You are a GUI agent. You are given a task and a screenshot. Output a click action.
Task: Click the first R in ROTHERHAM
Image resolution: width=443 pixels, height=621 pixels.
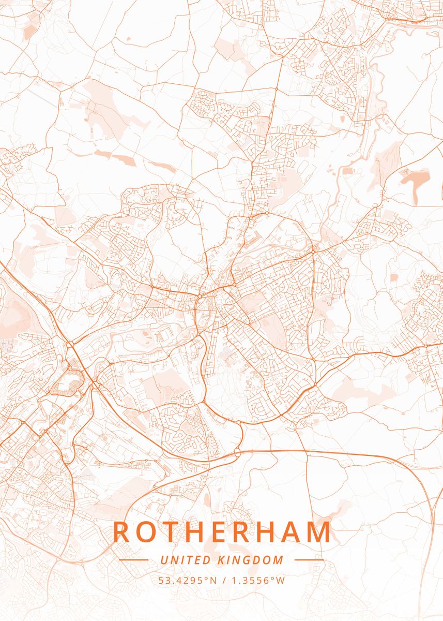121,532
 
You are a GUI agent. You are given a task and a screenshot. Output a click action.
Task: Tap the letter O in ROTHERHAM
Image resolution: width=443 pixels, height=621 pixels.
147,532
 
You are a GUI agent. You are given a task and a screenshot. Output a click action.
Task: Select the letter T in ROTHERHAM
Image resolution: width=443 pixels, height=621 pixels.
172,532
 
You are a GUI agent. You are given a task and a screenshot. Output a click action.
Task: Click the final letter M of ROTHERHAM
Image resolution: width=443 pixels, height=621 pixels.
320,532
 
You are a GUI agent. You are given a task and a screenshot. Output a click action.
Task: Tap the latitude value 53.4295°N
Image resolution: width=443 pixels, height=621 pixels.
187,581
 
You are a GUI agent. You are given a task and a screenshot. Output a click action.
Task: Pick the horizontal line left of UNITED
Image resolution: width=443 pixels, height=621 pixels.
133,560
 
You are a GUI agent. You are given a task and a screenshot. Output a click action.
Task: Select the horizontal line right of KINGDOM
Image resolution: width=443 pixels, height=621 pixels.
309,560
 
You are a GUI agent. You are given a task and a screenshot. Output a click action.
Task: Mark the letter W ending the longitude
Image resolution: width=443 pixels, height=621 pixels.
281,581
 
